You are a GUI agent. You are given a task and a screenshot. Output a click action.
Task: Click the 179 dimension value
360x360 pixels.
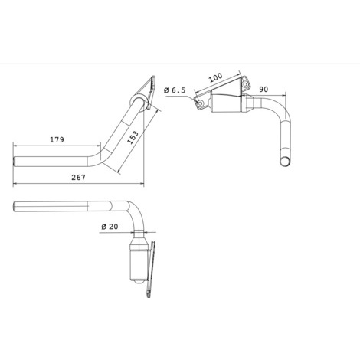[x=57, y=139]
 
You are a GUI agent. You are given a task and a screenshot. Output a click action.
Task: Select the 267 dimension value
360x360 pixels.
[x=78, y=177]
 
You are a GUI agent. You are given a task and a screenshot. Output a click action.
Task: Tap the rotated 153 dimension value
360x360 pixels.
[x=133, y=138]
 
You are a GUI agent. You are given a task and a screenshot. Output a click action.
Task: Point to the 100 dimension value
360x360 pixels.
[x=216, y=77]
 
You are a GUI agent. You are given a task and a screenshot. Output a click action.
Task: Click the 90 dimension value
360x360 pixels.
[x=263, y=90]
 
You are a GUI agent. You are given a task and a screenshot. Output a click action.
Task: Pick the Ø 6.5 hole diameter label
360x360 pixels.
[x=175, y=90]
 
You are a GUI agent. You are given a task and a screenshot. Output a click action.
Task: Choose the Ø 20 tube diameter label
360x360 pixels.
[x=110, y=227]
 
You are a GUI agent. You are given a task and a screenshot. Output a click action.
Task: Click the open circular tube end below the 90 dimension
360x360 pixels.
[x=285, y=162]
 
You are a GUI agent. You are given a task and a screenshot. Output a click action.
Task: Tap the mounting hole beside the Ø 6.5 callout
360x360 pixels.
[x=201, y=103]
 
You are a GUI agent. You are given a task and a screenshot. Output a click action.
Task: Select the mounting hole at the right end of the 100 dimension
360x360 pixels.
[x=245, y=84]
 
